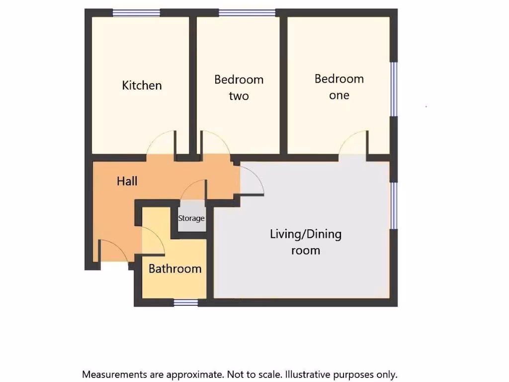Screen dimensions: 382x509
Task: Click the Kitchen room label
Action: [142, 86]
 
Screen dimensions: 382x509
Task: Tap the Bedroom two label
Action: [239, 88]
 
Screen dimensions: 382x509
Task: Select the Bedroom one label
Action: [339, 87]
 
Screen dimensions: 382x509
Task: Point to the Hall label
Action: [127, 181]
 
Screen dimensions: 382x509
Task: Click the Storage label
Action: [191, 218]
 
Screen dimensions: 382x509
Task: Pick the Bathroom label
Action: [175, 269]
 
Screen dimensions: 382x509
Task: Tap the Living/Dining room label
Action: [305, 242]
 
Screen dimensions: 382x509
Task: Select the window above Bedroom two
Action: [247, 13]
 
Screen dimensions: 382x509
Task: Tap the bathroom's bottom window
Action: [185, 302]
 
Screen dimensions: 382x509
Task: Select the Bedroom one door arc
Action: [353, 144]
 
